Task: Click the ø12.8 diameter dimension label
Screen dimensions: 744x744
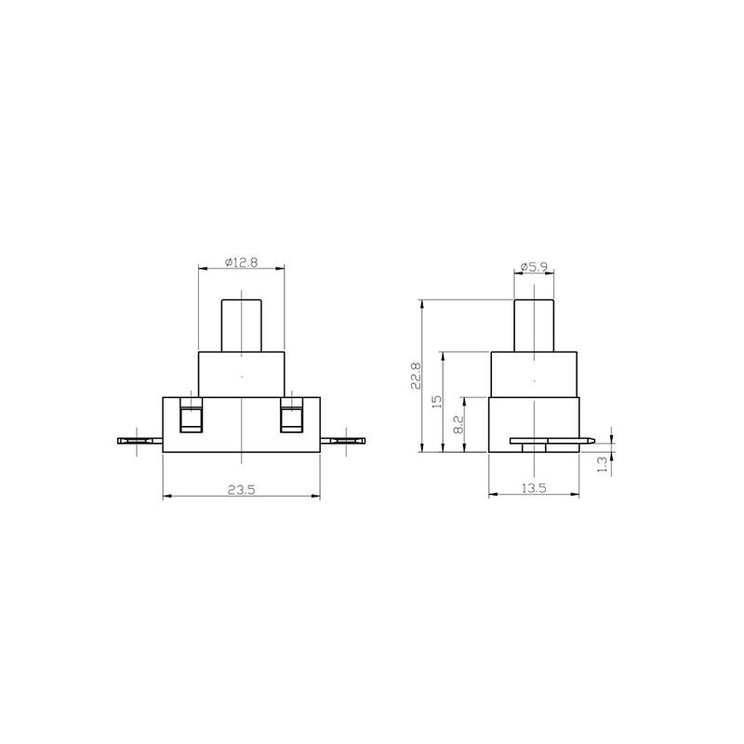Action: click(x=242, y=262)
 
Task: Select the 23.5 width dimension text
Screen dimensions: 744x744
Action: click(x=242, y=490)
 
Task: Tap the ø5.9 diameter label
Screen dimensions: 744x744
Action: click(x=534, y=267)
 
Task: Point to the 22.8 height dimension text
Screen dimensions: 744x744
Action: click(x=416, y=376)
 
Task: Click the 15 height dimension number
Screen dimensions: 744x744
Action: click(x=437, y=402)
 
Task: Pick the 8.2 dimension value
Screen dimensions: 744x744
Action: click(x=458, y=425)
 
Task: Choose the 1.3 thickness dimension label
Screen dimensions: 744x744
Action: click(x=602, y=464)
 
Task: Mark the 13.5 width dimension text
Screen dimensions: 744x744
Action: click(x=534, y=487)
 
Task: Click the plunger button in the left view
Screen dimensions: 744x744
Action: click(x=242, y=325)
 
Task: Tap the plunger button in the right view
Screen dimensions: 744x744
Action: click(x=534, y=325)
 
